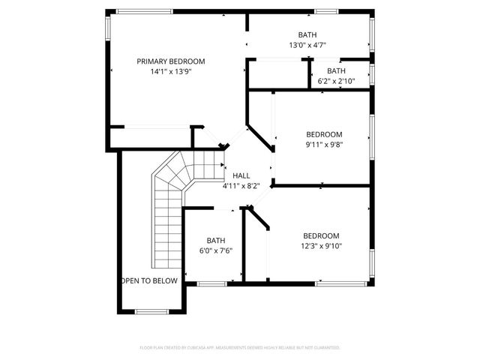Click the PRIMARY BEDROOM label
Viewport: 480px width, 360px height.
(x=170, y=61)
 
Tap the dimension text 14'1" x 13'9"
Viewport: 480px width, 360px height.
(x=170, y=72)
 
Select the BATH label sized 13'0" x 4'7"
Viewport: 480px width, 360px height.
(x=307, y=35)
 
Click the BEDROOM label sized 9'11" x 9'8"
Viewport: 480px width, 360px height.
(x=324, y=134)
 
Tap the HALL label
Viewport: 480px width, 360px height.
(x=241, y=175)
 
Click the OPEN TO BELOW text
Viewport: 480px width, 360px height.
(x=150, y=280)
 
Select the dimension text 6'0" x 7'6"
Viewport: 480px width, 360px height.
(x=216, y=250)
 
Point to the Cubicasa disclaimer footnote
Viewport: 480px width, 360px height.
(x=240, y=348)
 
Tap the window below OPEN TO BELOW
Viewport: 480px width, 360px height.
(x=151, y=311)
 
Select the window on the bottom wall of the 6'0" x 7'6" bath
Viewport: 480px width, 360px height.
(x=212, y=283)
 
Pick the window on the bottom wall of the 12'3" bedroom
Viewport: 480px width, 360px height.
(x=341, y=283)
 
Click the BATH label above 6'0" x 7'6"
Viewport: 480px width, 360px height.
(x=216, y=241)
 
